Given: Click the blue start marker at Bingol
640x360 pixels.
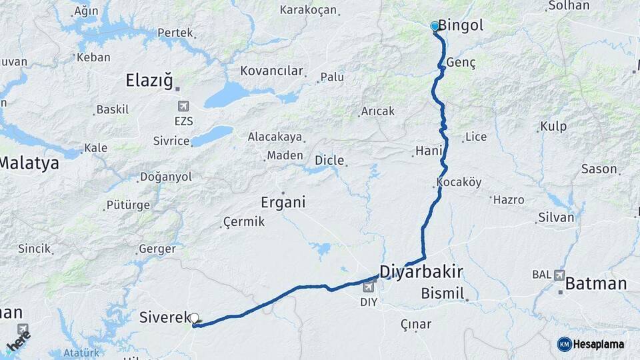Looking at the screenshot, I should [x=435, y=27].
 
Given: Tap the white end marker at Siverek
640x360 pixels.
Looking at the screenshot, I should [x=194, y=319].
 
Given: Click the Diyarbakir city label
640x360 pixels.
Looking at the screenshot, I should [x=421, y=271].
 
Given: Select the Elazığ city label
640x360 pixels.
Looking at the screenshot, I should [x=149, y=81].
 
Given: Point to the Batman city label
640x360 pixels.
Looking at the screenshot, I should [x=595, y=283].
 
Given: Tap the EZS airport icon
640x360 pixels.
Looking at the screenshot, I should [x=183, y=106].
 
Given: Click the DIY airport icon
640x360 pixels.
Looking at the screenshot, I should [x=369, y=287].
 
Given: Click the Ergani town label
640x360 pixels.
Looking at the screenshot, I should [x=283, y=202].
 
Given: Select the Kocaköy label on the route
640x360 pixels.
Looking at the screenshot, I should [x=459, y=182].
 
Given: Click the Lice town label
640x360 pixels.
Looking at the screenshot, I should [x=476, y=137].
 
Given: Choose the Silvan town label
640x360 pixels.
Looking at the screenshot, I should [x=556, y=217].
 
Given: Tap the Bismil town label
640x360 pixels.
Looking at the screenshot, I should [x=442, y=293].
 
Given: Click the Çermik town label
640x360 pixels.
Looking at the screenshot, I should [x=244, y=221].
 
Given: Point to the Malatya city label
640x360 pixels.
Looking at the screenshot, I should [x=29, y=162].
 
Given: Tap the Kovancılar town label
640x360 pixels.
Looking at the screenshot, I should [x=272, y=71].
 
